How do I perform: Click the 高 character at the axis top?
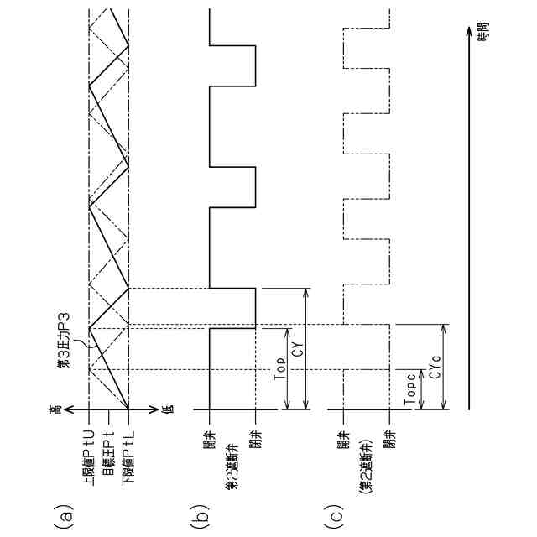[55, 409]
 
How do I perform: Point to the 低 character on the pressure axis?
[168, 409]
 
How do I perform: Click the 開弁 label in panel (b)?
[209, 439]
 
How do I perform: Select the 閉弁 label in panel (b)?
[256, 439]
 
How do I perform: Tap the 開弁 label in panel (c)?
[342, 439]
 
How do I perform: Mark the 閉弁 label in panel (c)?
[389, 439]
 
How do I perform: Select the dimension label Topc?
[412, 392]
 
